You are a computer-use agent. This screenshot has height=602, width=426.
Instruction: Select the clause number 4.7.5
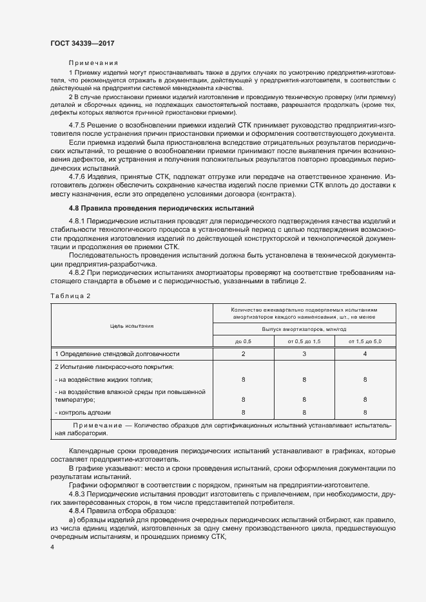point(78,124)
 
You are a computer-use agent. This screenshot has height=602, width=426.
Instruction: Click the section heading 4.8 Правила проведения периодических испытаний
point(162,209)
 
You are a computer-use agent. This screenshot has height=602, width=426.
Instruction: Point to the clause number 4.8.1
point(78,221)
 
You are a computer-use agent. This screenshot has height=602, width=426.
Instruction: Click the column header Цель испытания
point(131,326)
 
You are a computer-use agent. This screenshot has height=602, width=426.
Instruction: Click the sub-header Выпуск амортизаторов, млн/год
point(304,328)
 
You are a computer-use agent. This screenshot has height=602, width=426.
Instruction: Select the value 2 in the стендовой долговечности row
point(243,354)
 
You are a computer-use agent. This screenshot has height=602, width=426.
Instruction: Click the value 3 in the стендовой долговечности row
point(304,354)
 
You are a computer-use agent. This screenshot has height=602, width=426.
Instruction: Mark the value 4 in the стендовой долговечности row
point(365,354)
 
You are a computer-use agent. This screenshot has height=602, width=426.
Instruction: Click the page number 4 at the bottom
point(52,547)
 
